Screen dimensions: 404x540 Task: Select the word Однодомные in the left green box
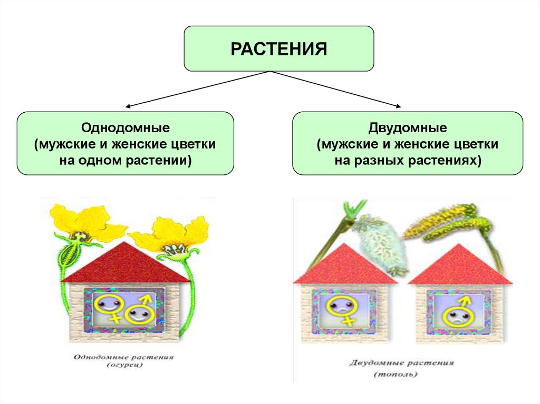coord(125,127)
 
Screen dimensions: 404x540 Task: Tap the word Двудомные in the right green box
coord(408,127)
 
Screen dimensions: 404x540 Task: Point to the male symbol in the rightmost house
coord(455,312)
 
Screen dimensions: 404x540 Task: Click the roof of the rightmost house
coord(459,265)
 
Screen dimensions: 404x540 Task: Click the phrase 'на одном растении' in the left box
coord(125,160)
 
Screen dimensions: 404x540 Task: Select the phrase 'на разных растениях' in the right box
coord(408,160)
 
